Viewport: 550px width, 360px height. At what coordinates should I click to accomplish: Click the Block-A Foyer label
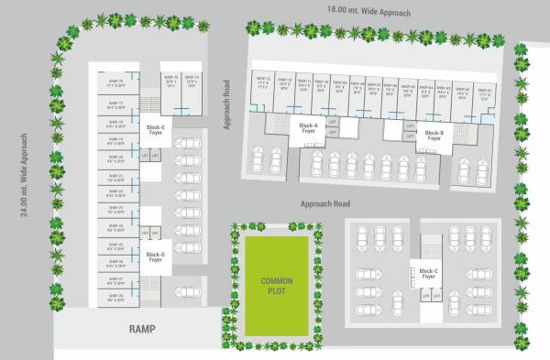click(309, 127)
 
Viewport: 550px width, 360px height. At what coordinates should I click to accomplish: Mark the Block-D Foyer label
click(154, 256)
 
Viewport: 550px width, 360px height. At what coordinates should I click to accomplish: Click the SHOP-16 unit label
click(115, 82)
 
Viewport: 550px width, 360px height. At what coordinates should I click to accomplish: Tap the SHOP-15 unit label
click(170, 80)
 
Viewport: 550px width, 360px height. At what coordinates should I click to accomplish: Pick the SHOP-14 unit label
click(192, 80)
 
